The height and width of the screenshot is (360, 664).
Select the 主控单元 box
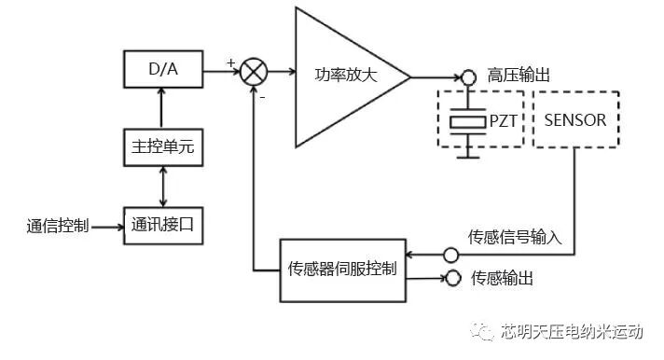tap(163, 145)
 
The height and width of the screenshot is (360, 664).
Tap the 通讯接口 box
tap(163, 225)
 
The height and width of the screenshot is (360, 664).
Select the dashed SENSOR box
tap(574, 119)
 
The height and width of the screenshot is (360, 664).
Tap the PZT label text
tap(505, 121)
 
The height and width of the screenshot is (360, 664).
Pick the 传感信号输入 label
tap(514, 237)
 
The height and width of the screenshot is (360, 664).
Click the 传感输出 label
tap(503, 278)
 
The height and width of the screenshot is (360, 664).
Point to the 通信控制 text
tap(58, 226)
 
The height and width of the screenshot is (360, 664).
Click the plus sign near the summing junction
tap(230, 62)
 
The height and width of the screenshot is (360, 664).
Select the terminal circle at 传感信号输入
tap(450, 255)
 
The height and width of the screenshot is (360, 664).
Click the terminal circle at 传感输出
tap(454, 278)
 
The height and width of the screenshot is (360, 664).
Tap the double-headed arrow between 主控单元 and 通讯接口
tap(163, 185)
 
